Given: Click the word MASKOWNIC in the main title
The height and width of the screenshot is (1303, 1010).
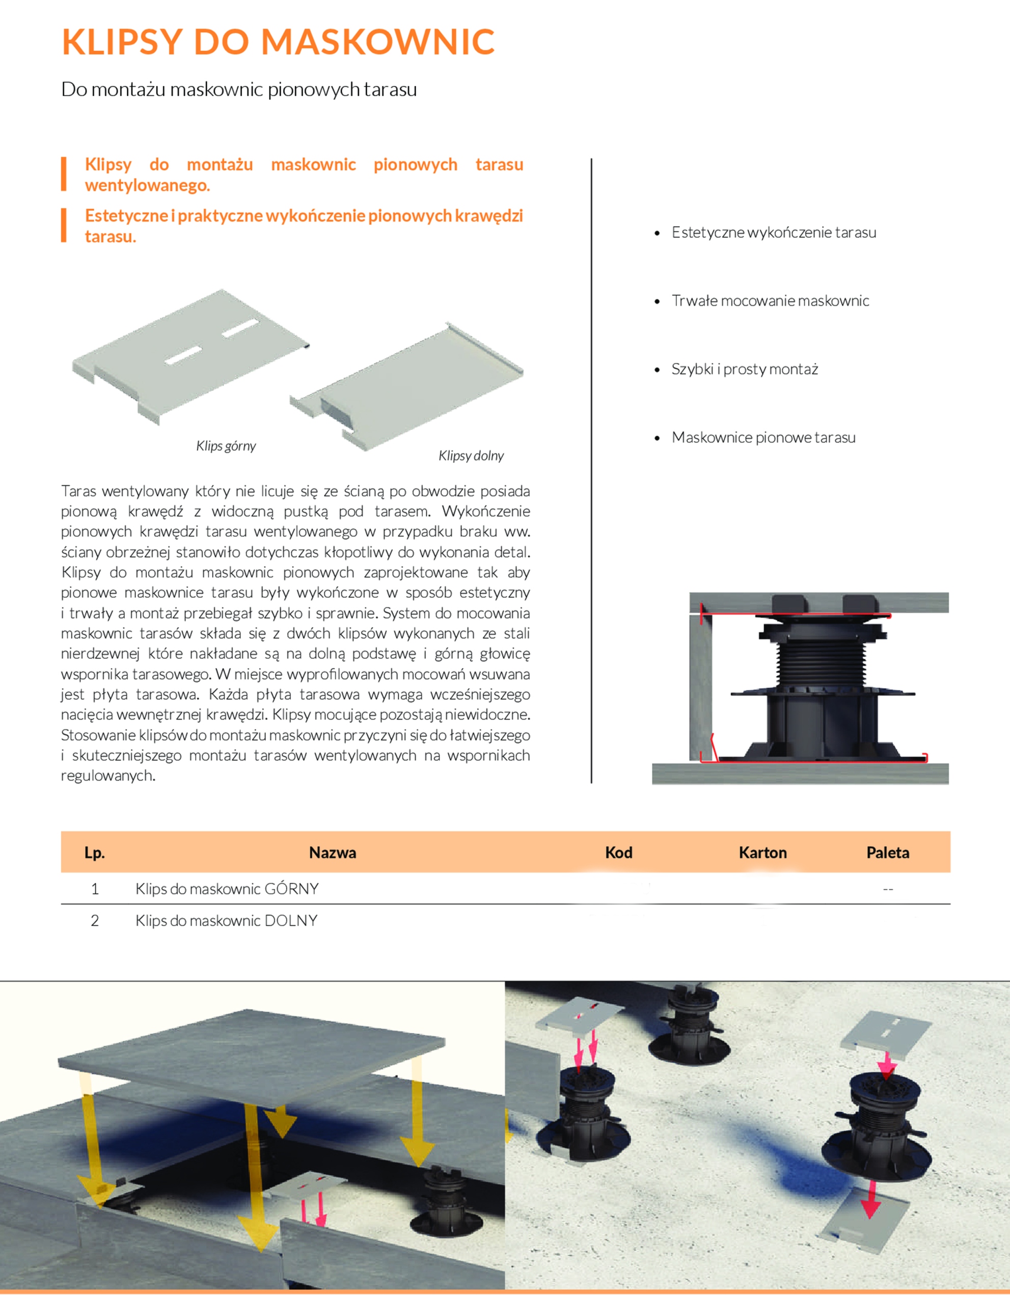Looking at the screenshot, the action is [x=378, y=42].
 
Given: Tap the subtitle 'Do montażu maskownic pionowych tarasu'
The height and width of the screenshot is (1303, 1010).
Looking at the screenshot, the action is [x=239, y=90].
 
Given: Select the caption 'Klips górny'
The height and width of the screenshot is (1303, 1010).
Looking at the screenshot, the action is [x=226, y=446].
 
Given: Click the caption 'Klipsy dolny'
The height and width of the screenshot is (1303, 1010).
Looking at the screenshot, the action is [x=471, y=456].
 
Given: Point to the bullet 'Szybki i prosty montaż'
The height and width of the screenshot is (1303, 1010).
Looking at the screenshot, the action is [x=744, y=370].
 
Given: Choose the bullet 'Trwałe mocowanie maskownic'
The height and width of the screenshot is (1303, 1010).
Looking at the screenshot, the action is [x=770, y=301].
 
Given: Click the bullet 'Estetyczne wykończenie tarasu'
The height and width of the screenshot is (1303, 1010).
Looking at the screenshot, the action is [x=774, y=233].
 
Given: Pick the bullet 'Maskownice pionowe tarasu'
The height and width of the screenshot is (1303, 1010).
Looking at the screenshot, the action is [x=763, y=437].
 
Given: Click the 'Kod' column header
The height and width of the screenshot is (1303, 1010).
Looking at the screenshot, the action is [x=618, y=853].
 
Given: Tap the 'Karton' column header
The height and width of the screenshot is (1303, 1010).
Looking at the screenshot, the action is [x=762, y=853].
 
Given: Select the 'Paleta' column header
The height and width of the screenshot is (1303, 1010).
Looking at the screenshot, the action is [x=888, y=853].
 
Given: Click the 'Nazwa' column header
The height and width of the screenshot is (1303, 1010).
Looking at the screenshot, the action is [x=333, y=853].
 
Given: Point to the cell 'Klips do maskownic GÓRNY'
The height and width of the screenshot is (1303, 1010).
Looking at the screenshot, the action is [x=227, y=889].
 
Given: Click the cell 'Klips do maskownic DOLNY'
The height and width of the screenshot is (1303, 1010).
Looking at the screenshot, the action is [x=226, y=921].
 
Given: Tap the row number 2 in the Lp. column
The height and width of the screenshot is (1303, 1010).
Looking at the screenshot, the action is [x=94, y=921].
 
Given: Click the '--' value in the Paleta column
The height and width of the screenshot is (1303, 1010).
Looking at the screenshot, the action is [x=888, y=890].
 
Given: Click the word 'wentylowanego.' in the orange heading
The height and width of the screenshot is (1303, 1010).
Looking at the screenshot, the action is [x=147, y=186].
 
